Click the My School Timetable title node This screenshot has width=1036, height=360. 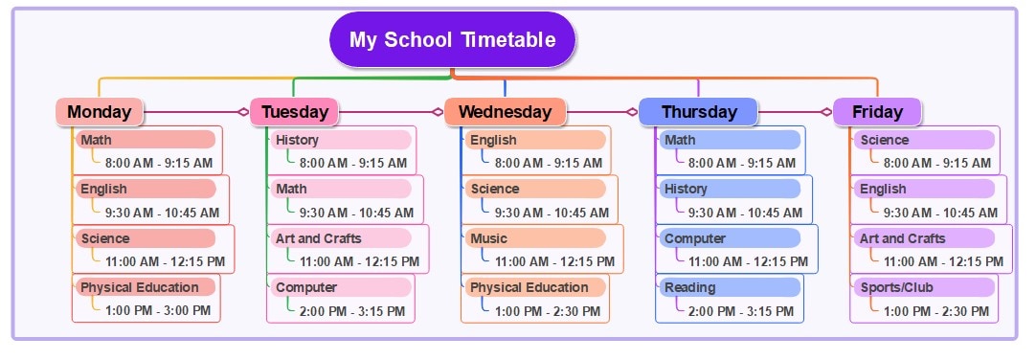tap(452, 40)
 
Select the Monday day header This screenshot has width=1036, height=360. tap(100, 112)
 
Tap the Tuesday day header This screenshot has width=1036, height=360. tap(294, 112)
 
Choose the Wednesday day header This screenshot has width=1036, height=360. tap(505, 112)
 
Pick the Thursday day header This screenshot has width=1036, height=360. tap(698, 112)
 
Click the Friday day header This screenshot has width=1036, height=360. tap(877, 112)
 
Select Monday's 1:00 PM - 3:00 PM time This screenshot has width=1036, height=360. tap(158, 310)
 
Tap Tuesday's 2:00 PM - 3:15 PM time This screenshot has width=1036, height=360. tap(352, 311)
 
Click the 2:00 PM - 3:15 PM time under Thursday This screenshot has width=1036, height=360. tap(742, 311)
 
